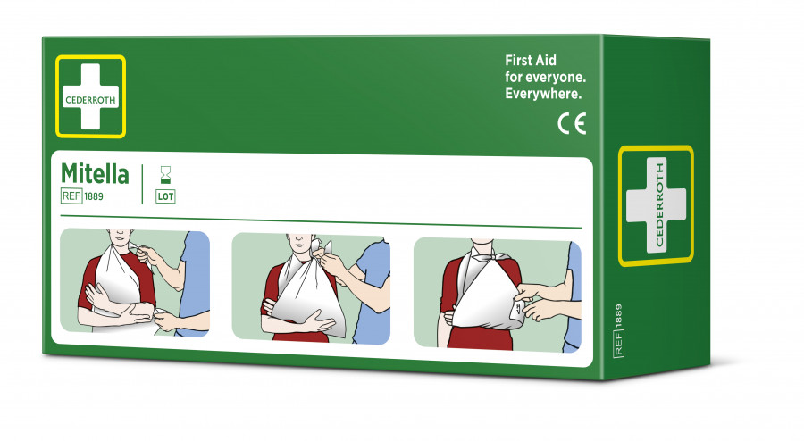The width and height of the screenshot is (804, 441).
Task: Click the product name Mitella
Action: coord(95,174)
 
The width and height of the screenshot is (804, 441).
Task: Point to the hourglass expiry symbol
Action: coord(165,173)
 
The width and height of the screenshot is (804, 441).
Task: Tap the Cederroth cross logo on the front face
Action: coord(90,96)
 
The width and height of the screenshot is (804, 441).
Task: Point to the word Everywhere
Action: coord(544,93)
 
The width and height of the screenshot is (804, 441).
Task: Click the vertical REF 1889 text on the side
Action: coord(618,331)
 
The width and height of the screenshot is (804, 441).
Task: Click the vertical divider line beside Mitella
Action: coord(143,184)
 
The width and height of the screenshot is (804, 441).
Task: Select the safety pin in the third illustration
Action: coord(516,306)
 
